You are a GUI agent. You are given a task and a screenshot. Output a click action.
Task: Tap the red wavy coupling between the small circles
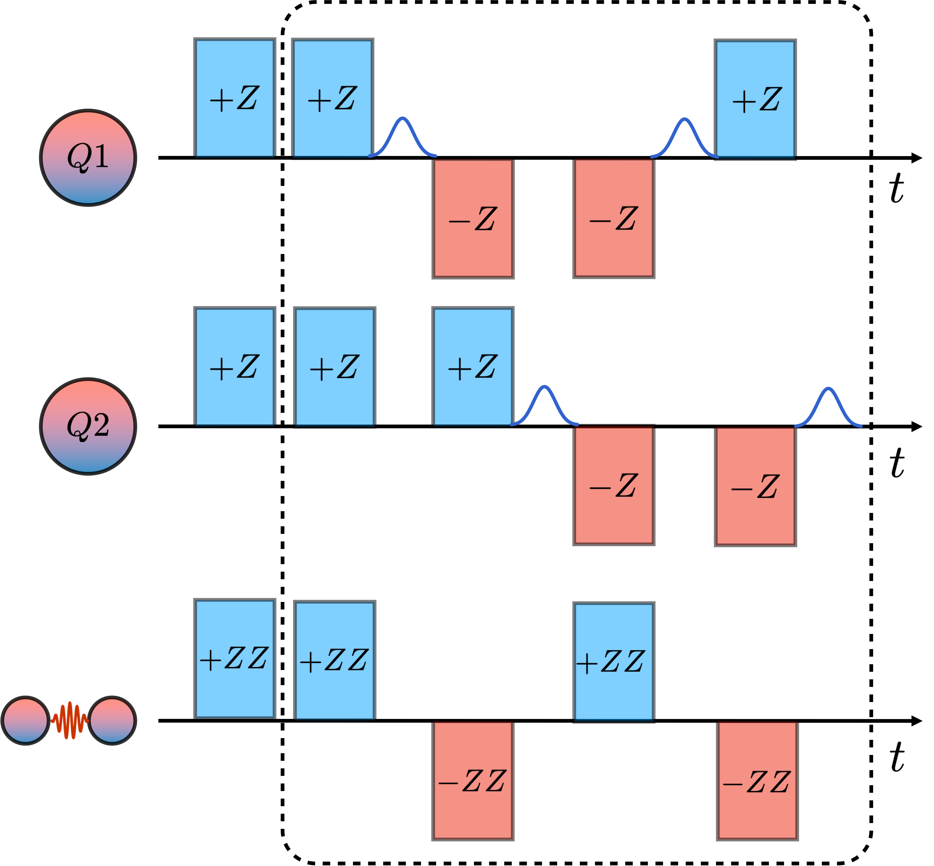[69, 720]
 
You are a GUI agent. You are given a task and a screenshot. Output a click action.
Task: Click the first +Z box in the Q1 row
[234, 98]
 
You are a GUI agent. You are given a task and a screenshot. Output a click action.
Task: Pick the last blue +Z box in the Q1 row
[755, 99]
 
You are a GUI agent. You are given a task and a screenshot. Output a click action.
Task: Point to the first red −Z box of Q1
[473, 218]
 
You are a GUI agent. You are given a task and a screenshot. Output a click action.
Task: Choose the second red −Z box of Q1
[613, 218]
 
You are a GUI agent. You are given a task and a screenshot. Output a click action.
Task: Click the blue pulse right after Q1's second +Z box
[403, 136]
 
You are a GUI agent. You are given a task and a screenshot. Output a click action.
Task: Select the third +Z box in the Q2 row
[473, 367]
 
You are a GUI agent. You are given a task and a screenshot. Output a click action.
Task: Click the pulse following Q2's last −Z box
[828, 407]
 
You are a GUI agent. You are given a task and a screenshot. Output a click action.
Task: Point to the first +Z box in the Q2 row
[234, 367]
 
